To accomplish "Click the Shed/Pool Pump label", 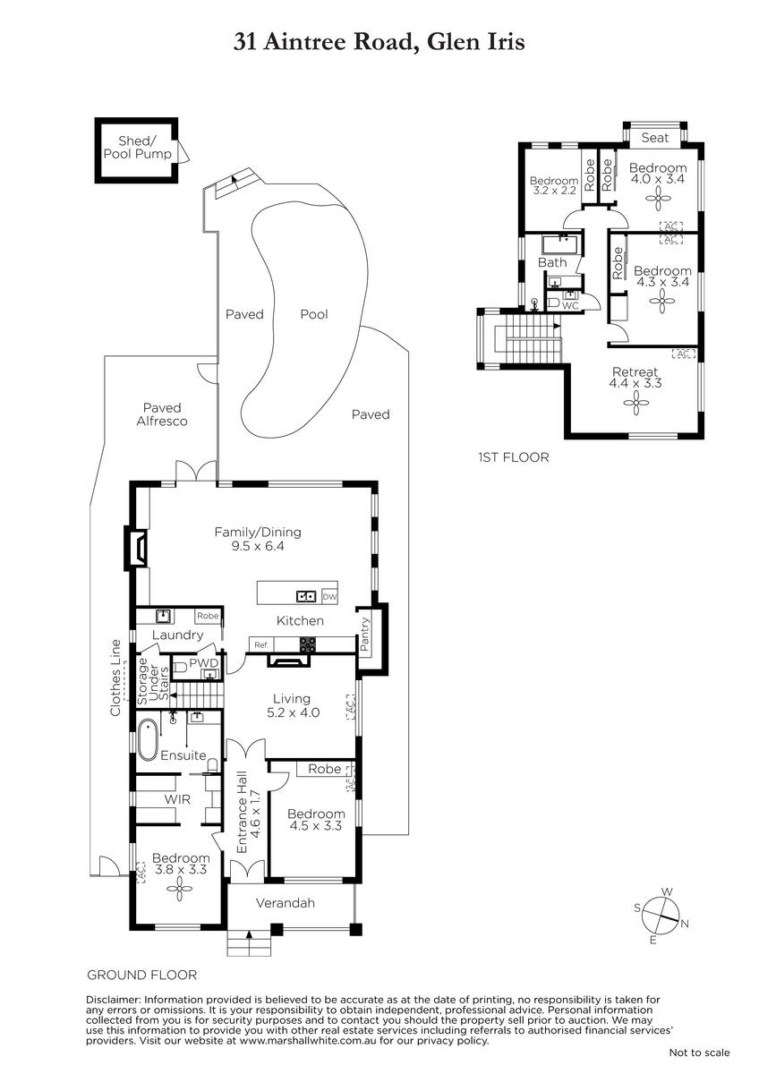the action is click(x=138, y=147).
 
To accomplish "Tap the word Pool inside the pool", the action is click(x=314, y=314).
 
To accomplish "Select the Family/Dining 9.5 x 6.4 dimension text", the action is click(x=258, y=546).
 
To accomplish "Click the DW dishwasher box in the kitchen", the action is click(x=329, y=596).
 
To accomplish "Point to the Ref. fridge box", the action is click(x=261, y=645).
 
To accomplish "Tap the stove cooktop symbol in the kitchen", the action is click(x=308, y=644).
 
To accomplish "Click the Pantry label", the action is click(x=365, y=635).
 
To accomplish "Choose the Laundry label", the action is click(x=177, y=635).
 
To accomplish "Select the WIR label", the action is click(x=177, y=799).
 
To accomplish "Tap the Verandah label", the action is click(x=286, y=903).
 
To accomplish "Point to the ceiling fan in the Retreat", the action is click(x=635, y=404).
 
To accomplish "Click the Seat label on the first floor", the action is click(x=655, y=138).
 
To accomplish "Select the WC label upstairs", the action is click(x=570, y=305).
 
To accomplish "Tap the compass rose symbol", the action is click(x=661, y=916).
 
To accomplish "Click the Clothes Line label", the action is click(x=115, y=678).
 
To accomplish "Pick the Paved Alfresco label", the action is click(x=162, y=414).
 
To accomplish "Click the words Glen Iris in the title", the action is click(x=475, y=42).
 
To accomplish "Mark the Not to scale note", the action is click(x=699, y=1053).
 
